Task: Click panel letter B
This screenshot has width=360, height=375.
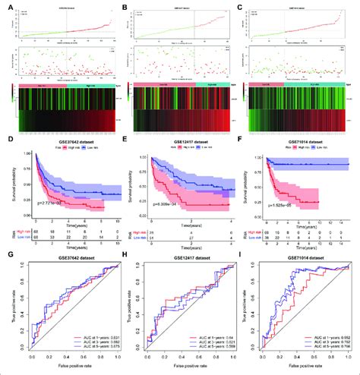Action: tap(125, 5)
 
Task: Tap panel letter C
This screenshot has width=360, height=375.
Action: tap(242, 5)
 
